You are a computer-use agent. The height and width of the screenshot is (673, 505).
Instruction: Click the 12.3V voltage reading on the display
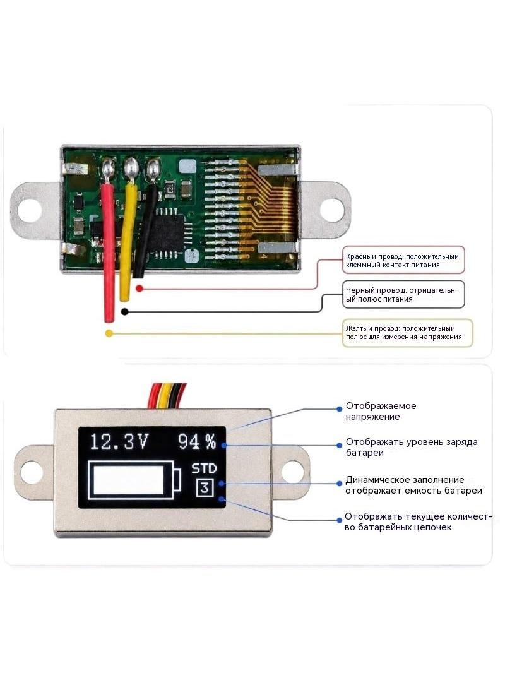(x=119, y=441)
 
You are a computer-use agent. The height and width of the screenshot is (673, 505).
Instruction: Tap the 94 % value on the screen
(x=197, y=441)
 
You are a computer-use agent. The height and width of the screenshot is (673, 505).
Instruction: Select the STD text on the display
(x=205, y=468)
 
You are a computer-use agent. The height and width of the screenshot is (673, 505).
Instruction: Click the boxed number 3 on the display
(x=205, y=488)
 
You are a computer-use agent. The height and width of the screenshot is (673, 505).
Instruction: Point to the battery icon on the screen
(x=134, y=480)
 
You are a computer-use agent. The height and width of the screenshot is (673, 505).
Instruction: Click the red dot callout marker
(x=139, y=289)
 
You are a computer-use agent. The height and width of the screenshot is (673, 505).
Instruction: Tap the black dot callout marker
(x=124, y=312)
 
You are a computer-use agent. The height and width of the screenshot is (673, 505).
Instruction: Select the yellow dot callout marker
(x=109, y=333)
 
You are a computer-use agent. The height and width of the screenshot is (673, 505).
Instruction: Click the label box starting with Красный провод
(x=404, y=260)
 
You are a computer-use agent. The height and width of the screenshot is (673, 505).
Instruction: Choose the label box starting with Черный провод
(x=404, y=295)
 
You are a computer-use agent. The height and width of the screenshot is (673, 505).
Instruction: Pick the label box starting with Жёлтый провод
(x=408, y=333)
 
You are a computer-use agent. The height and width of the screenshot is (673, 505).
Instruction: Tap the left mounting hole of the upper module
(x=30, y=210)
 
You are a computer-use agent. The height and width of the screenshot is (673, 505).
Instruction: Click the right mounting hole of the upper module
(x=332, y=210)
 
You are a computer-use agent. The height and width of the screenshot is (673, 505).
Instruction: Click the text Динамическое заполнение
(x=405, y=480)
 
